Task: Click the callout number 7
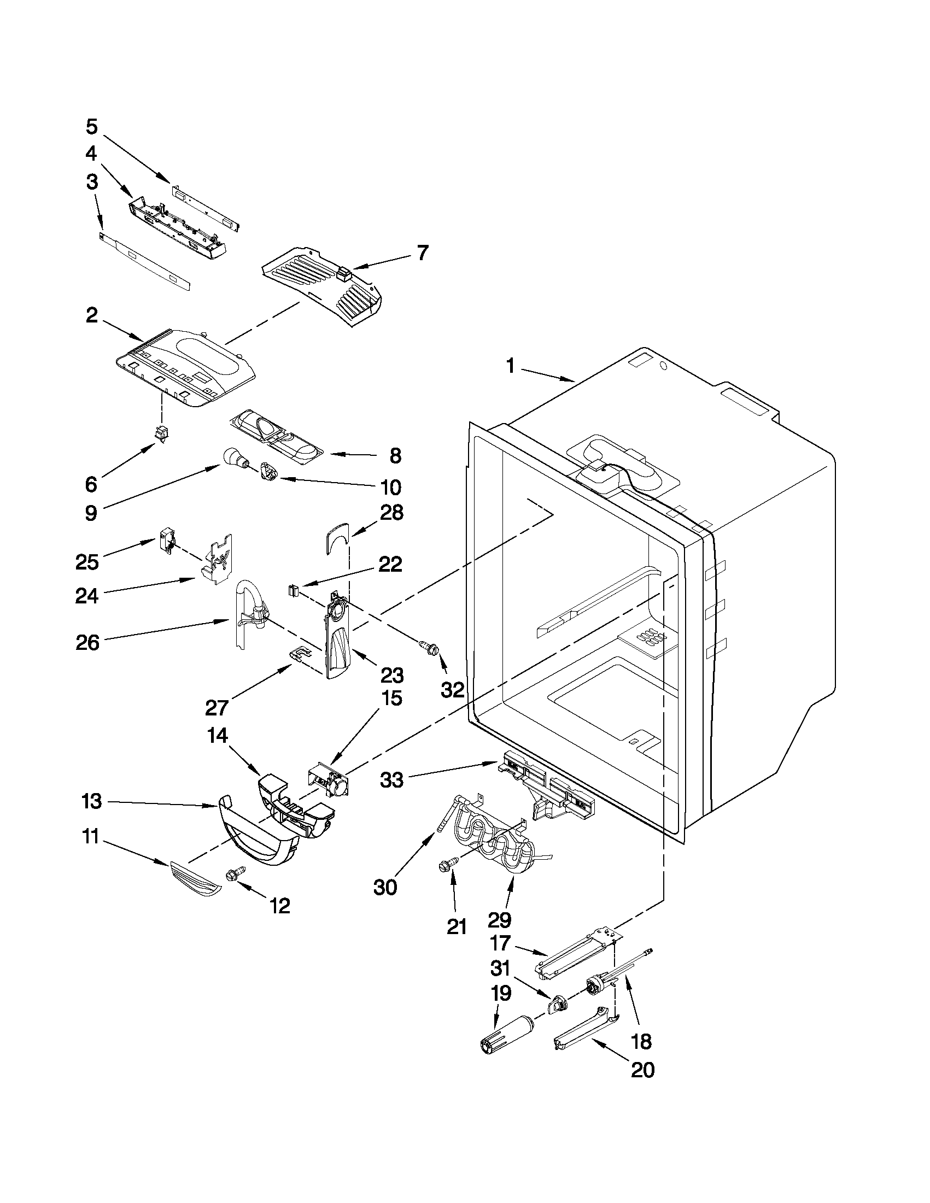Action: coord(422,253)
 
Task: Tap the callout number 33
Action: coord(391,780)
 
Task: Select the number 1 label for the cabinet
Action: coord(511,365)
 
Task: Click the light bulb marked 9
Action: coord(233,456)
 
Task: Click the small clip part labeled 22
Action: coord(293,591)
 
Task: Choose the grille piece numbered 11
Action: coord(196,885)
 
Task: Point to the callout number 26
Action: coord(87,642)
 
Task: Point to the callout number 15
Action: coord(390,699)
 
